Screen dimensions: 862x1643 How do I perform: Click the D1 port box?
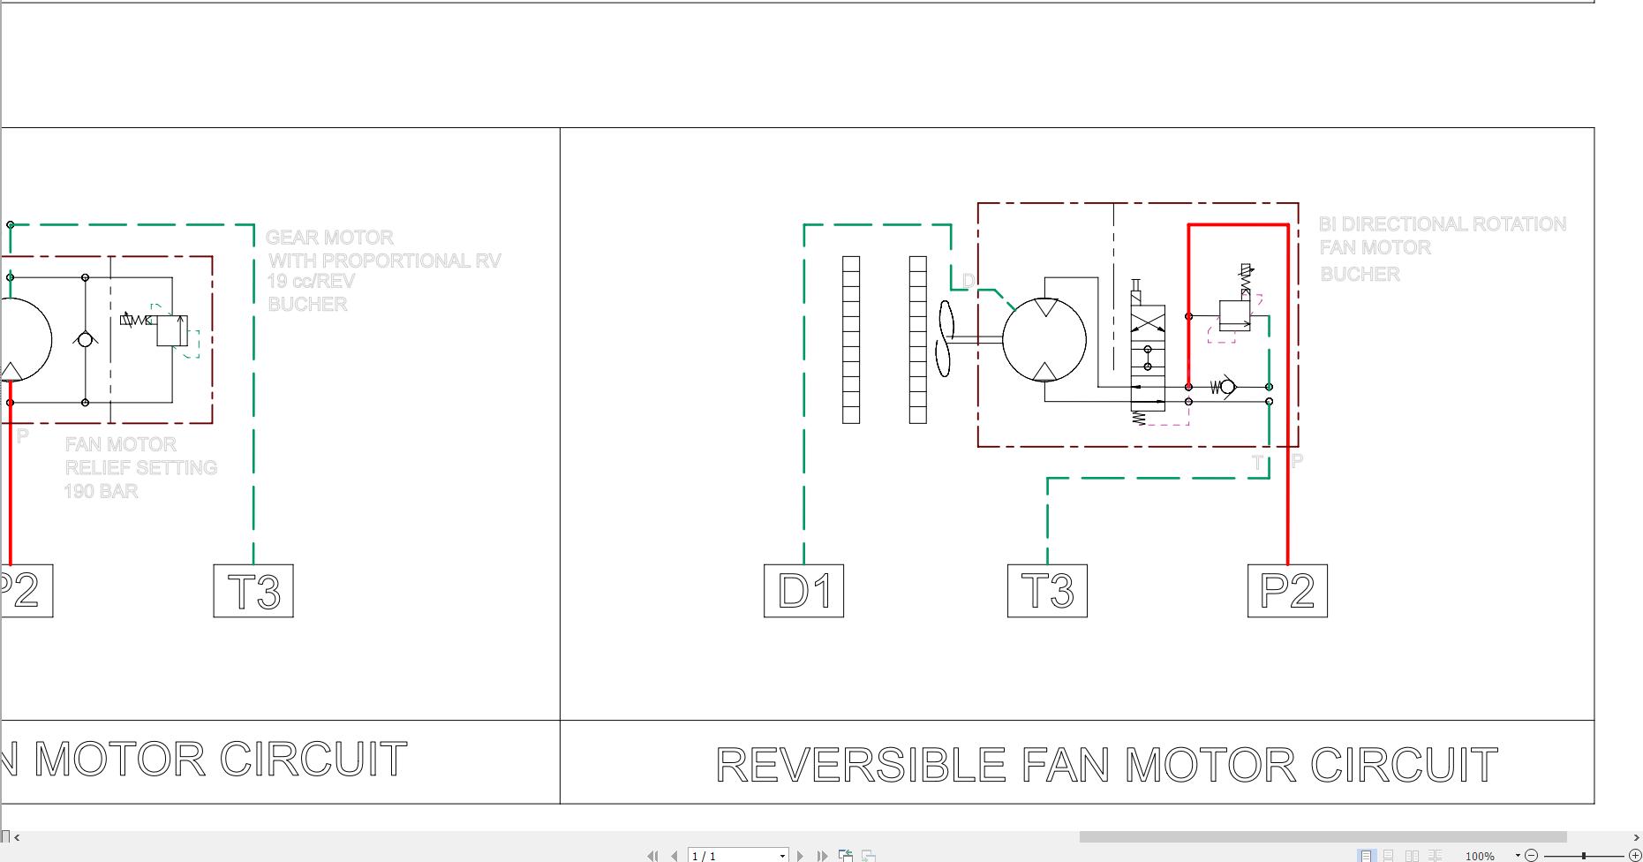click(803, 591)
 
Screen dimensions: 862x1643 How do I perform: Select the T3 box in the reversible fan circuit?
click(1047, 591)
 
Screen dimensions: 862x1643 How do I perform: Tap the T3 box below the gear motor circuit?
click(253, 591)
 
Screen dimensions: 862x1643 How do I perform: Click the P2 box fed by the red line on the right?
click(1287, 591)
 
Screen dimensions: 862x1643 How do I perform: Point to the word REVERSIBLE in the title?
click(860, 765)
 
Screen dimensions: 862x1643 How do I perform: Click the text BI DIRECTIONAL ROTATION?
click(1442, 224)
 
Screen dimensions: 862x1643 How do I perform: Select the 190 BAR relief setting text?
click(101, 491)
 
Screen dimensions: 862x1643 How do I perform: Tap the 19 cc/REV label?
click(311, 282)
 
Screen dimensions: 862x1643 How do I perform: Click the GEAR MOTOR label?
click(329, 238)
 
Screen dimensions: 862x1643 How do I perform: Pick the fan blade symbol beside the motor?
click(946, 338)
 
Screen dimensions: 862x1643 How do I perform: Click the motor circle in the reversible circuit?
click(1044, 340)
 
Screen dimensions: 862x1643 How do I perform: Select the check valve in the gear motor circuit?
click(85, 340)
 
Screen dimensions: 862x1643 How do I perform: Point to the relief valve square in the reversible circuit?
click(1234, 315)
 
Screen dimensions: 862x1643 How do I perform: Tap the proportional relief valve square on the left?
click(172, 330)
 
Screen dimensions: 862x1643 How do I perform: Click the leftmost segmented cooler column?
click(851, 339)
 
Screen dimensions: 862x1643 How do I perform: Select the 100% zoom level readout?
click(1480, 856)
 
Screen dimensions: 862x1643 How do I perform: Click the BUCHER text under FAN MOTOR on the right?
click(1360, 275)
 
